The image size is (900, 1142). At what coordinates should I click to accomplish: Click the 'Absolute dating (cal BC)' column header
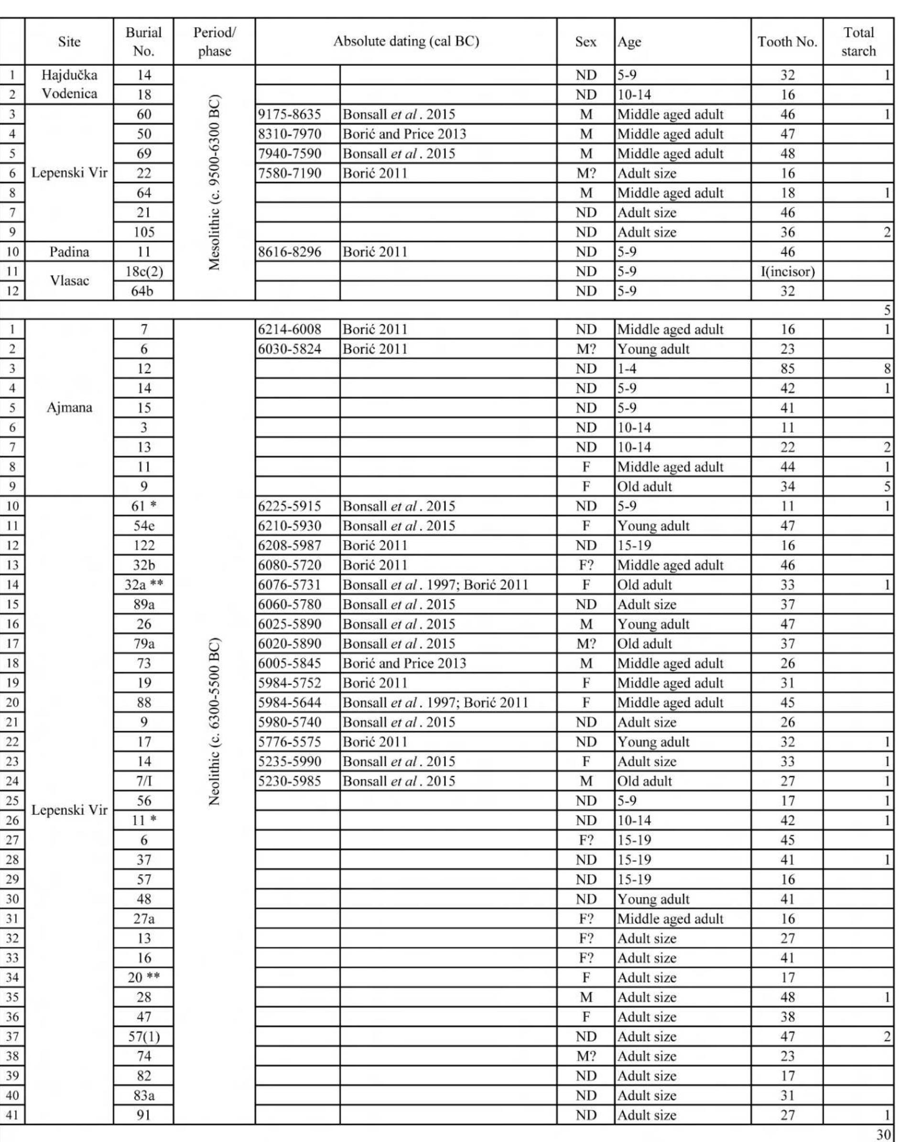[x=406, y=42]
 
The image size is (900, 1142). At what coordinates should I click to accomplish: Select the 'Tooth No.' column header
[x=787, y=42]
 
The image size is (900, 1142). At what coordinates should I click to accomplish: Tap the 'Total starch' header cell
[x=858, y=42]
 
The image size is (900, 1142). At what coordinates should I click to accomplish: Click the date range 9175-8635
[x=290, y=114]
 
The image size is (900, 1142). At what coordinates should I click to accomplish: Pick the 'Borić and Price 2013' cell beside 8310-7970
[x=404, y=134]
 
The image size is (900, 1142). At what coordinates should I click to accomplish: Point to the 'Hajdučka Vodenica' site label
[x=69, y=84]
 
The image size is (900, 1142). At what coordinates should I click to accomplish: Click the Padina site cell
[x=69, y=252]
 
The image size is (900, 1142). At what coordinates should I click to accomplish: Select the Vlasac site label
[x=69, y=281]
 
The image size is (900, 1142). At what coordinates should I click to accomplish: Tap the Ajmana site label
[x=69, y=407]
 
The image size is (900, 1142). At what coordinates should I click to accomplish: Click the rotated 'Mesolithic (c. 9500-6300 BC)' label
[x=215, y=182]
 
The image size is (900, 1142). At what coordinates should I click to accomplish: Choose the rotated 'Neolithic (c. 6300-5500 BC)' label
[x=215, y=722]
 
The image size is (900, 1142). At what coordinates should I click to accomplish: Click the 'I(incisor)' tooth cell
[x=787, y=272]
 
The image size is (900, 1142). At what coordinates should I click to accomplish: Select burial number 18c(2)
[x=143, y=272]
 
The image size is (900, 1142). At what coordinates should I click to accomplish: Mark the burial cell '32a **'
[x=143, y=585]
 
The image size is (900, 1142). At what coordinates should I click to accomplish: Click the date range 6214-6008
[x=290, y=330]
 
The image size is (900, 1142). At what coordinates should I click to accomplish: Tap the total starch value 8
[x=887, y=369]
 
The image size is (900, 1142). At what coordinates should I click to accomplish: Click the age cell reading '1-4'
[x=627, y=369]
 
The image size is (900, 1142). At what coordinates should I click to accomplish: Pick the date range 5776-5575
[x=290, y=742]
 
